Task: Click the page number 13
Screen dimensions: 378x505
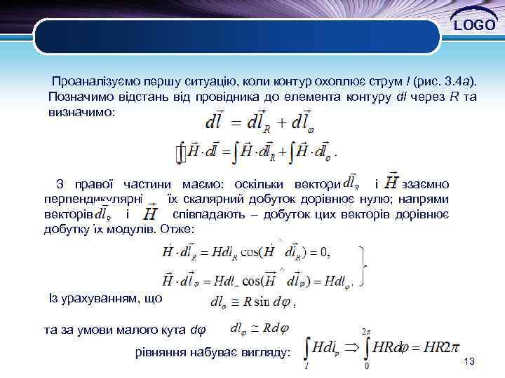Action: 470,361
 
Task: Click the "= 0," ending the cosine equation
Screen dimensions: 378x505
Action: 318,252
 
